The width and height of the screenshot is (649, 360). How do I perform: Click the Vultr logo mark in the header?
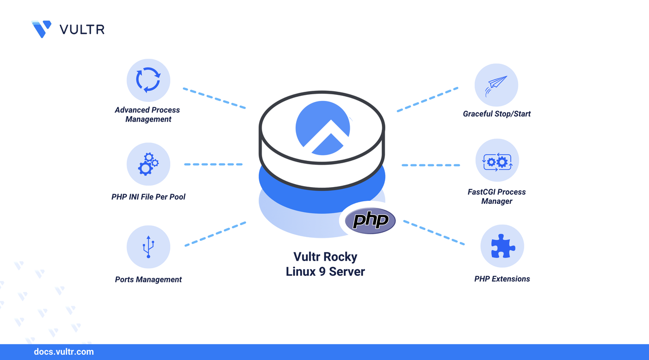(x=42, y=29)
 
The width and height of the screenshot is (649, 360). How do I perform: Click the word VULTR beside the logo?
(x=82, y=29)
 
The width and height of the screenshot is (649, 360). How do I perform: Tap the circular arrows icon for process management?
(x=148, y=81)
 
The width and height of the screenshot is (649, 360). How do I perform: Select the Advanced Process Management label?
(x=147, y=115)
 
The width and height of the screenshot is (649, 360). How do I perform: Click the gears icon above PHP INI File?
(x=148, y=164)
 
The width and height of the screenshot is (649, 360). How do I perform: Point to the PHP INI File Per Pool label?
(x=149, y=197)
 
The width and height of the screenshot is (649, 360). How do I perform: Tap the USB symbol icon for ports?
(x=148, y=247)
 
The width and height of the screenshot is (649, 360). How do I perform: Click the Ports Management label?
(x=148, y=279)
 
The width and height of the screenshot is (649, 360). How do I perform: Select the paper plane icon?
(x=496, y=85)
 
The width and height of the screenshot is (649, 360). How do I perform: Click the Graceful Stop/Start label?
(x=496, y=114)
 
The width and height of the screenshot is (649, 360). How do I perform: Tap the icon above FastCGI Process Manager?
(x=497, y=162)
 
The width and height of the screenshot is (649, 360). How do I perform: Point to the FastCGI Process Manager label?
(x=496, y=197)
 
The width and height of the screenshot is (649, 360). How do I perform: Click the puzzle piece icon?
(x=502, y=246)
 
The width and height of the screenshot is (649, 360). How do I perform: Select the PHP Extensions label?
(x=502, y=279)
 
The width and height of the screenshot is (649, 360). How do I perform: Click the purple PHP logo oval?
(x=370, y=221)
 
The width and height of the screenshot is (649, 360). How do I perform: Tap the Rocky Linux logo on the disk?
(x=322, y=129)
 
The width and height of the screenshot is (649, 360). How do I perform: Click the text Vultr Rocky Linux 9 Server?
(x=325, y=264)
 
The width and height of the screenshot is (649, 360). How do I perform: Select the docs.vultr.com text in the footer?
(x=63, y=352)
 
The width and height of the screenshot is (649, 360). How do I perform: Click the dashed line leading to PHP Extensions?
(x=434, y=233)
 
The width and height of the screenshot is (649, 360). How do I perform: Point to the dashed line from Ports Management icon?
(x=215, y=234)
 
